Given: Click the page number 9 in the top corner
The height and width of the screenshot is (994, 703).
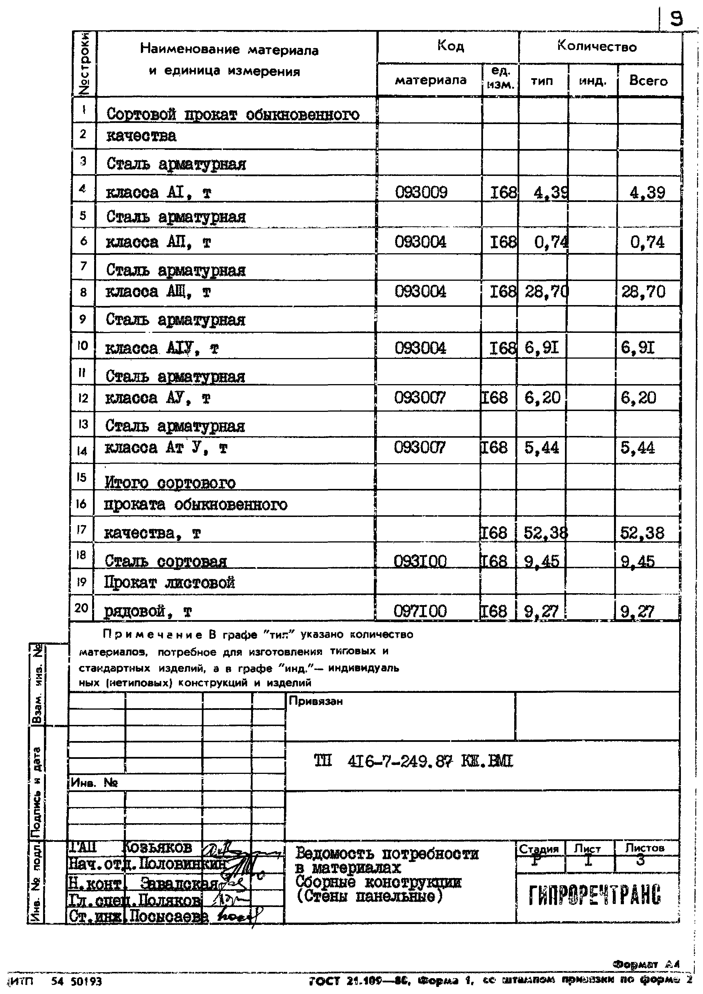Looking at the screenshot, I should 676,19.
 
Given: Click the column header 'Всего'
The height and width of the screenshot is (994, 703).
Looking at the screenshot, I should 648,81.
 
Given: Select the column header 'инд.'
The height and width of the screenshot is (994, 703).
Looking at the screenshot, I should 592,81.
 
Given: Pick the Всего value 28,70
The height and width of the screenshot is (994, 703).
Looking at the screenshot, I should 643,292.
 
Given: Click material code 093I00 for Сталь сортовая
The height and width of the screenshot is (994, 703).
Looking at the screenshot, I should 420,561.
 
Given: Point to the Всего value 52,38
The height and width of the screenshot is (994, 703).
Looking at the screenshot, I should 642,533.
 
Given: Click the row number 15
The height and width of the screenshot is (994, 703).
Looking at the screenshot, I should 81,477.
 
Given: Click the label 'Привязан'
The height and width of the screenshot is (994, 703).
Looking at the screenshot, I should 316,701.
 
